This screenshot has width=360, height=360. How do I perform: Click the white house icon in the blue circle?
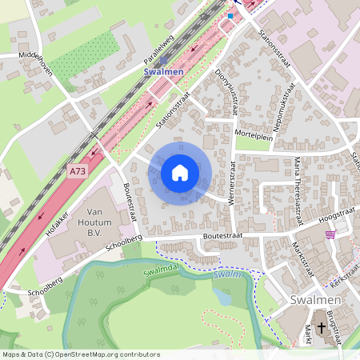point(180,173)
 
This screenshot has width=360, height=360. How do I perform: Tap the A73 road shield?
point(78,171)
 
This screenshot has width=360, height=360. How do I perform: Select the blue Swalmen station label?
point(163,71)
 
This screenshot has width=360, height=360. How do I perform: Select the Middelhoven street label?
point(35,63)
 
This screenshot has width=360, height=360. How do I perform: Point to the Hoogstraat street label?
point(337,215)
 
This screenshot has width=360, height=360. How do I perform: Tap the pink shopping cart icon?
point(330,234)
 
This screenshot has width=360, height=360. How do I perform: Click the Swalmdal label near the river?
point(164,270)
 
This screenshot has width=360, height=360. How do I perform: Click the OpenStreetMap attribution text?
point(80,354)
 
